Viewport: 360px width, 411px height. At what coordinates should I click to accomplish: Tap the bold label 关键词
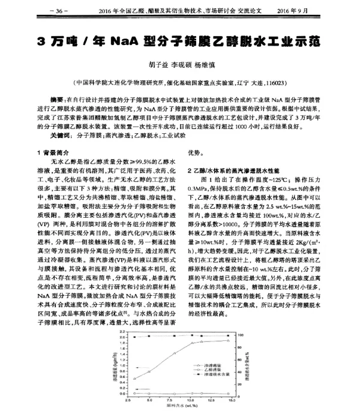[x=59, y=136]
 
